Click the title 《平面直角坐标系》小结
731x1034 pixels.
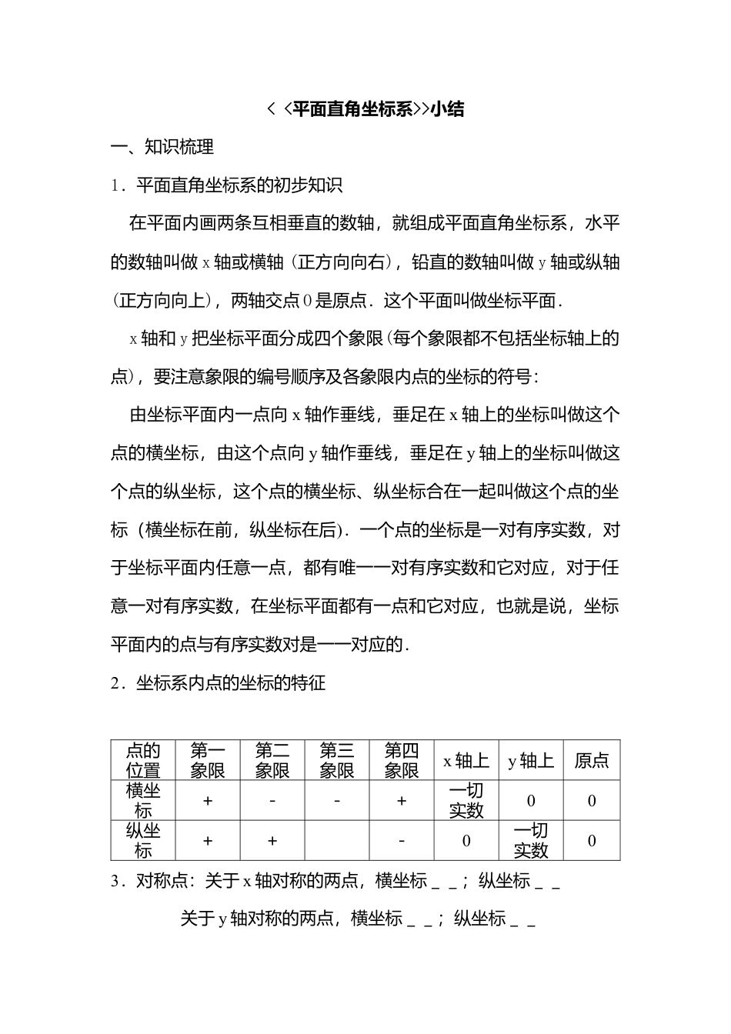[365, 109]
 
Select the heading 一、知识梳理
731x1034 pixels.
[162, 147]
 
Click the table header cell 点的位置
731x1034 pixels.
[143, 760]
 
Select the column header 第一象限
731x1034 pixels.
[207, 760]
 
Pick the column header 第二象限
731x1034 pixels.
[272, 760]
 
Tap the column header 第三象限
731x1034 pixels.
[336, 760]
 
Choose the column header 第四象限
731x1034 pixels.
[401, 760]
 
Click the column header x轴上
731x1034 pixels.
[466, 761]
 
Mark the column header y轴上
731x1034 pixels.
[530, 761]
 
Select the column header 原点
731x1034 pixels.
[591, 761]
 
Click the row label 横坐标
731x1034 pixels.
[143, 800]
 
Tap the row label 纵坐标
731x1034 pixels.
[143, 840]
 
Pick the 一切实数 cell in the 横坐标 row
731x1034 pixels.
[466, 800]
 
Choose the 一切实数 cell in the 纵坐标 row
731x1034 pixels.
[530, 840]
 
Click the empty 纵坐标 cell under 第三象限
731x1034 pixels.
[336, 840]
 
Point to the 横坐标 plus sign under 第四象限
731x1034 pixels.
[401, 801]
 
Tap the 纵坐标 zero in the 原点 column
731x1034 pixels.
[591, 841]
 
